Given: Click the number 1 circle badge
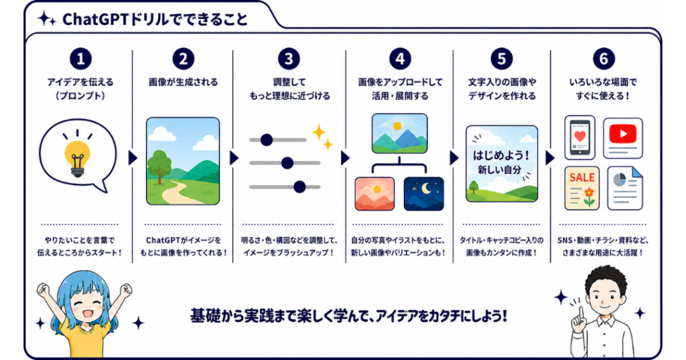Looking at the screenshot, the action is point(80,59).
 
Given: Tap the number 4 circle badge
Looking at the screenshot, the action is point(400,59).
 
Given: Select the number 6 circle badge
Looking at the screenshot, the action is point(604,59).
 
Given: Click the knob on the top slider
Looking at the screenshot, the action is point(267,140).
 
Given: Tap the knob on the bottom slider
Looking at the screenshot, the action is point(299,187).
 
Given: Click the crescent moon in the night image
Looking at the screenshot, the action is point(426,188).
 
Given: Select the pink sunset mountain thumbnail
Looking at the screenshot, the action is point(374,194).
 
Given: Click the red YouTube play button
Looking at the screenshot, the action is point(622,133).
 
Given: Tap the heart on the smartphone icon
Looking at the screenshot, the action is point(580,136).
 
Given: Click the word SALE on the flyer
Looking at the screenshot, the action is point(582,178).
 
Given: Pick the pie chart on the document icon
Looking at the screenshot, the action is point(619,180).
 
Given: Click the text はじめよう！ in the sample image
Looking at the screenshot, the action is point(501,156).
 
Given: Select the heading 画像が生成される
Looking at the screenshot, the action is point(183,82).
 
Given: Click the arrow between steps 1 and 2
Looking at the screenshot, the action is point(133,158).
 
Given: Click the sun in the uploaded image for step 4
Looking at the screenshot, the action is point(397,127).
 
